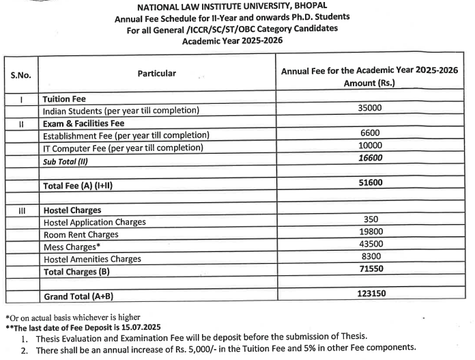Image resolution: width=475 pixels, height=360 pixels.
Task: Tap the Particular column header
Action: click(x=156, y=74)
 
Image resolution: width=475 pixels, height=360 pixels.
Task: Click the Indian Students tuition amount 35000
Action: click(x=370, y=109)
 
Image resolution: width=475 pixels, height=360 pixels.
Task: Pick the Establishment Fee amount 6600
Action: click(x=370, y=134)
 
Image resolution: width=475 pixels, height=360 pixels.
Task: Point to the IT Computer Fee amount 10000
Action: click(x=370, y=146)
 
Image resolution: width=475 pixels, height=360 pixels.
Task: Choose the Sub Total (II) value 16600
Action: click(x=370, y=158)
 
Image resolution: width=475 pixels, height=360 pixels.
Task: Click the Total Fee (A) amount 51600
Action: click(x=370, y=183)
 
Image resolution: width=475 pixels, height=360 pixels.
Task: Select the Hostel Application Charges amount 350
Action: click(x=370, y=220)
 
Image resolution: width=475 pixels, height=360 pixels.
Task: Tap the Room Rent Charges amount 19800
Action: click(x=370, y=233)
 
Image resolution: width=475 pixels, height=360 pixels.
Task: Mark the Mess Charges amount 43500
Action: click(x=370, y=245)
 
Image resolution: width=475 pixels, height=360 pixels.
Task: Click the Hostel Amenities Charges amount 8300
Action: click(x=370, y=257)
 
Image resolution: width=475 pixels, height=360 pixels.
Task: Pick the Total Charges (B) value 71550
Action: click(x=370, y=270)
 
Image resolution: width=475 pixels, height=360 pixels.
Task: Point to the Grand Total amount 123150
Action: click(x=370, y=294)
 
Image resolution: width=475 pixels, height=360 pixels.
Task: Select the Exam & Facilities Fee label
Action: click(x=83, y=124)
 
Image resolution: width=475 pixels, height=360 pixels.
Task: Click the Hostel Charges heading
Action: click(x=72, y=210)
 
